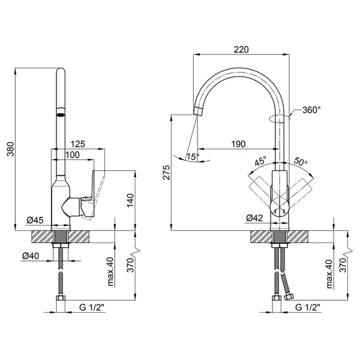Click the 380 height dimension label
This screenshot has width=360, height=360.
pyautogui.click(x=11, y=149)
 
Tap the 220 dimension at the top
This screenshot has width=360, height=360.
pyautogui.click(x=241, y=49)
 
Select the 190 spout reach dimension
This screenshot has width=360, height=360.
pyautogui.click(x=238, y=144)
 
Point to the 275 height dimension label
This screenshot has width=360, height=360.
pyautogui.click(x=167, y=172)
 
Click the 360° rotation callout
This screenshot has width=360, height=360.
pyautogui.click(x=311, y=110)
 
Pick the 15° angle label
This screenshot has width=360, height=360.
pyautogui.click(x=193, y=157)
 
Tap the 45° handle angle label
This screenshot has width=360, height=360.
pyautogui.click(x=260, y=161)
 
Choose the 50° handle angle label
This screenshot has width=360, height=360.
pyautogui.click(x=301, y=161)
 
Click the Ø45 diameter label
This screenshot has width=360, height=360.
pyautogui.click(x=35, y=220)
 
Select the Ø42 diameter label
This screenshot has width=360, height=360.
pyautogui.click(x=254, y=218)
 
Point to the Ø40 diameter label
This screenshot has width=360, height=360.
pyautogui.click(x=31, y=256)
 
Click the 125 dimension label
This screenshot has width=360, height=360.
pyautogui.click(x=77, y=144)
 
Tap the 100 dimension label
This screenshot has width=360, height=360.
pyautogui.click(x=73, y=155)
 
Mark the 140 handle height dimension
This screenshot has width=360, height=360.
pyautogui.click(x=130, y=200)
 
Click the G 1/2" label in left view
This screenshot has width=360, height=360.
pyautogui.click(x=92, y=307)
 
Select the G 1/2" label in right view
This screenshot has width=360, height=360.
pyautogui.click(x=308, y=307)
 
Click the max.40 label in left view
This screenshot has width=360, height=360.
pyautogui.click(x=110, y=272)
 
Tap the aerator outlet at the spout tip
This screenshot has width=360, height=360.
pyautogui.click(x=198, y=111)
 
